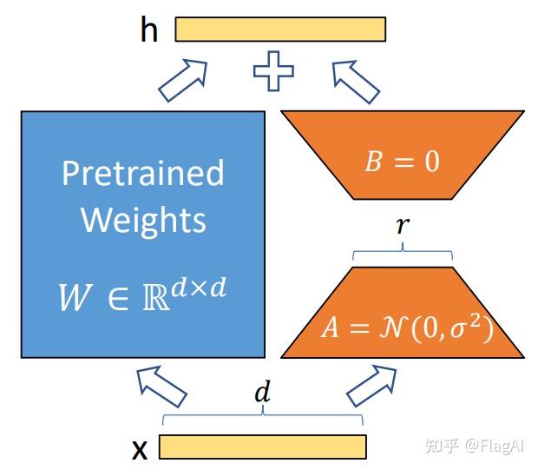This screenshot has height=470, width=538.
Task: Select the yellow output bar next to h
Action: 280,30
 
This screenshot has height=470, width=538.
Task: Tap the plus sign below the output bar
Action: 272,71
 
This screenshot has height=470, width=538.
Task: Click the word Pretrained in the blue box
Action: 142,173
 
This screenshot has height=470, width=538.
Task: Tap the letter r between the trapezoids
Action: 402,226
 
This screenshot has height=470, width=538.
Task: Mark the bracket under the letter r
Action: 403,255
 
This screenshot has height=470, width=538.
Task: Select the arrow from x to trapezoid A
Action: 371,384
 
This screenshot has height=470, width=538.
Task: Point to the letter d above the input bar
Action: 261,392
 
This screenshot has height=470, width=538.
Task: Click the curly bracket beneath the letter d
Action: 262,417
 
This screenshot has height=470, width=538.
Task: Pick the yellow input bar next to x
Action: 262,447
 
